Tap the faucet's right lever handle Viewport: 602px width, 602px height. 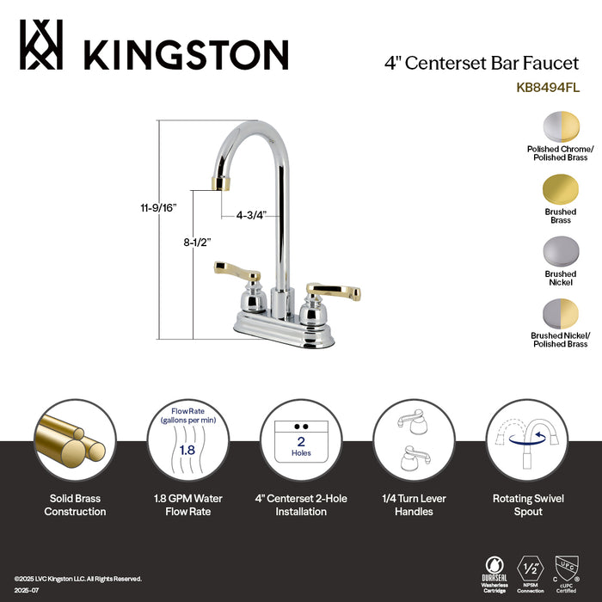(336, 285)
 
